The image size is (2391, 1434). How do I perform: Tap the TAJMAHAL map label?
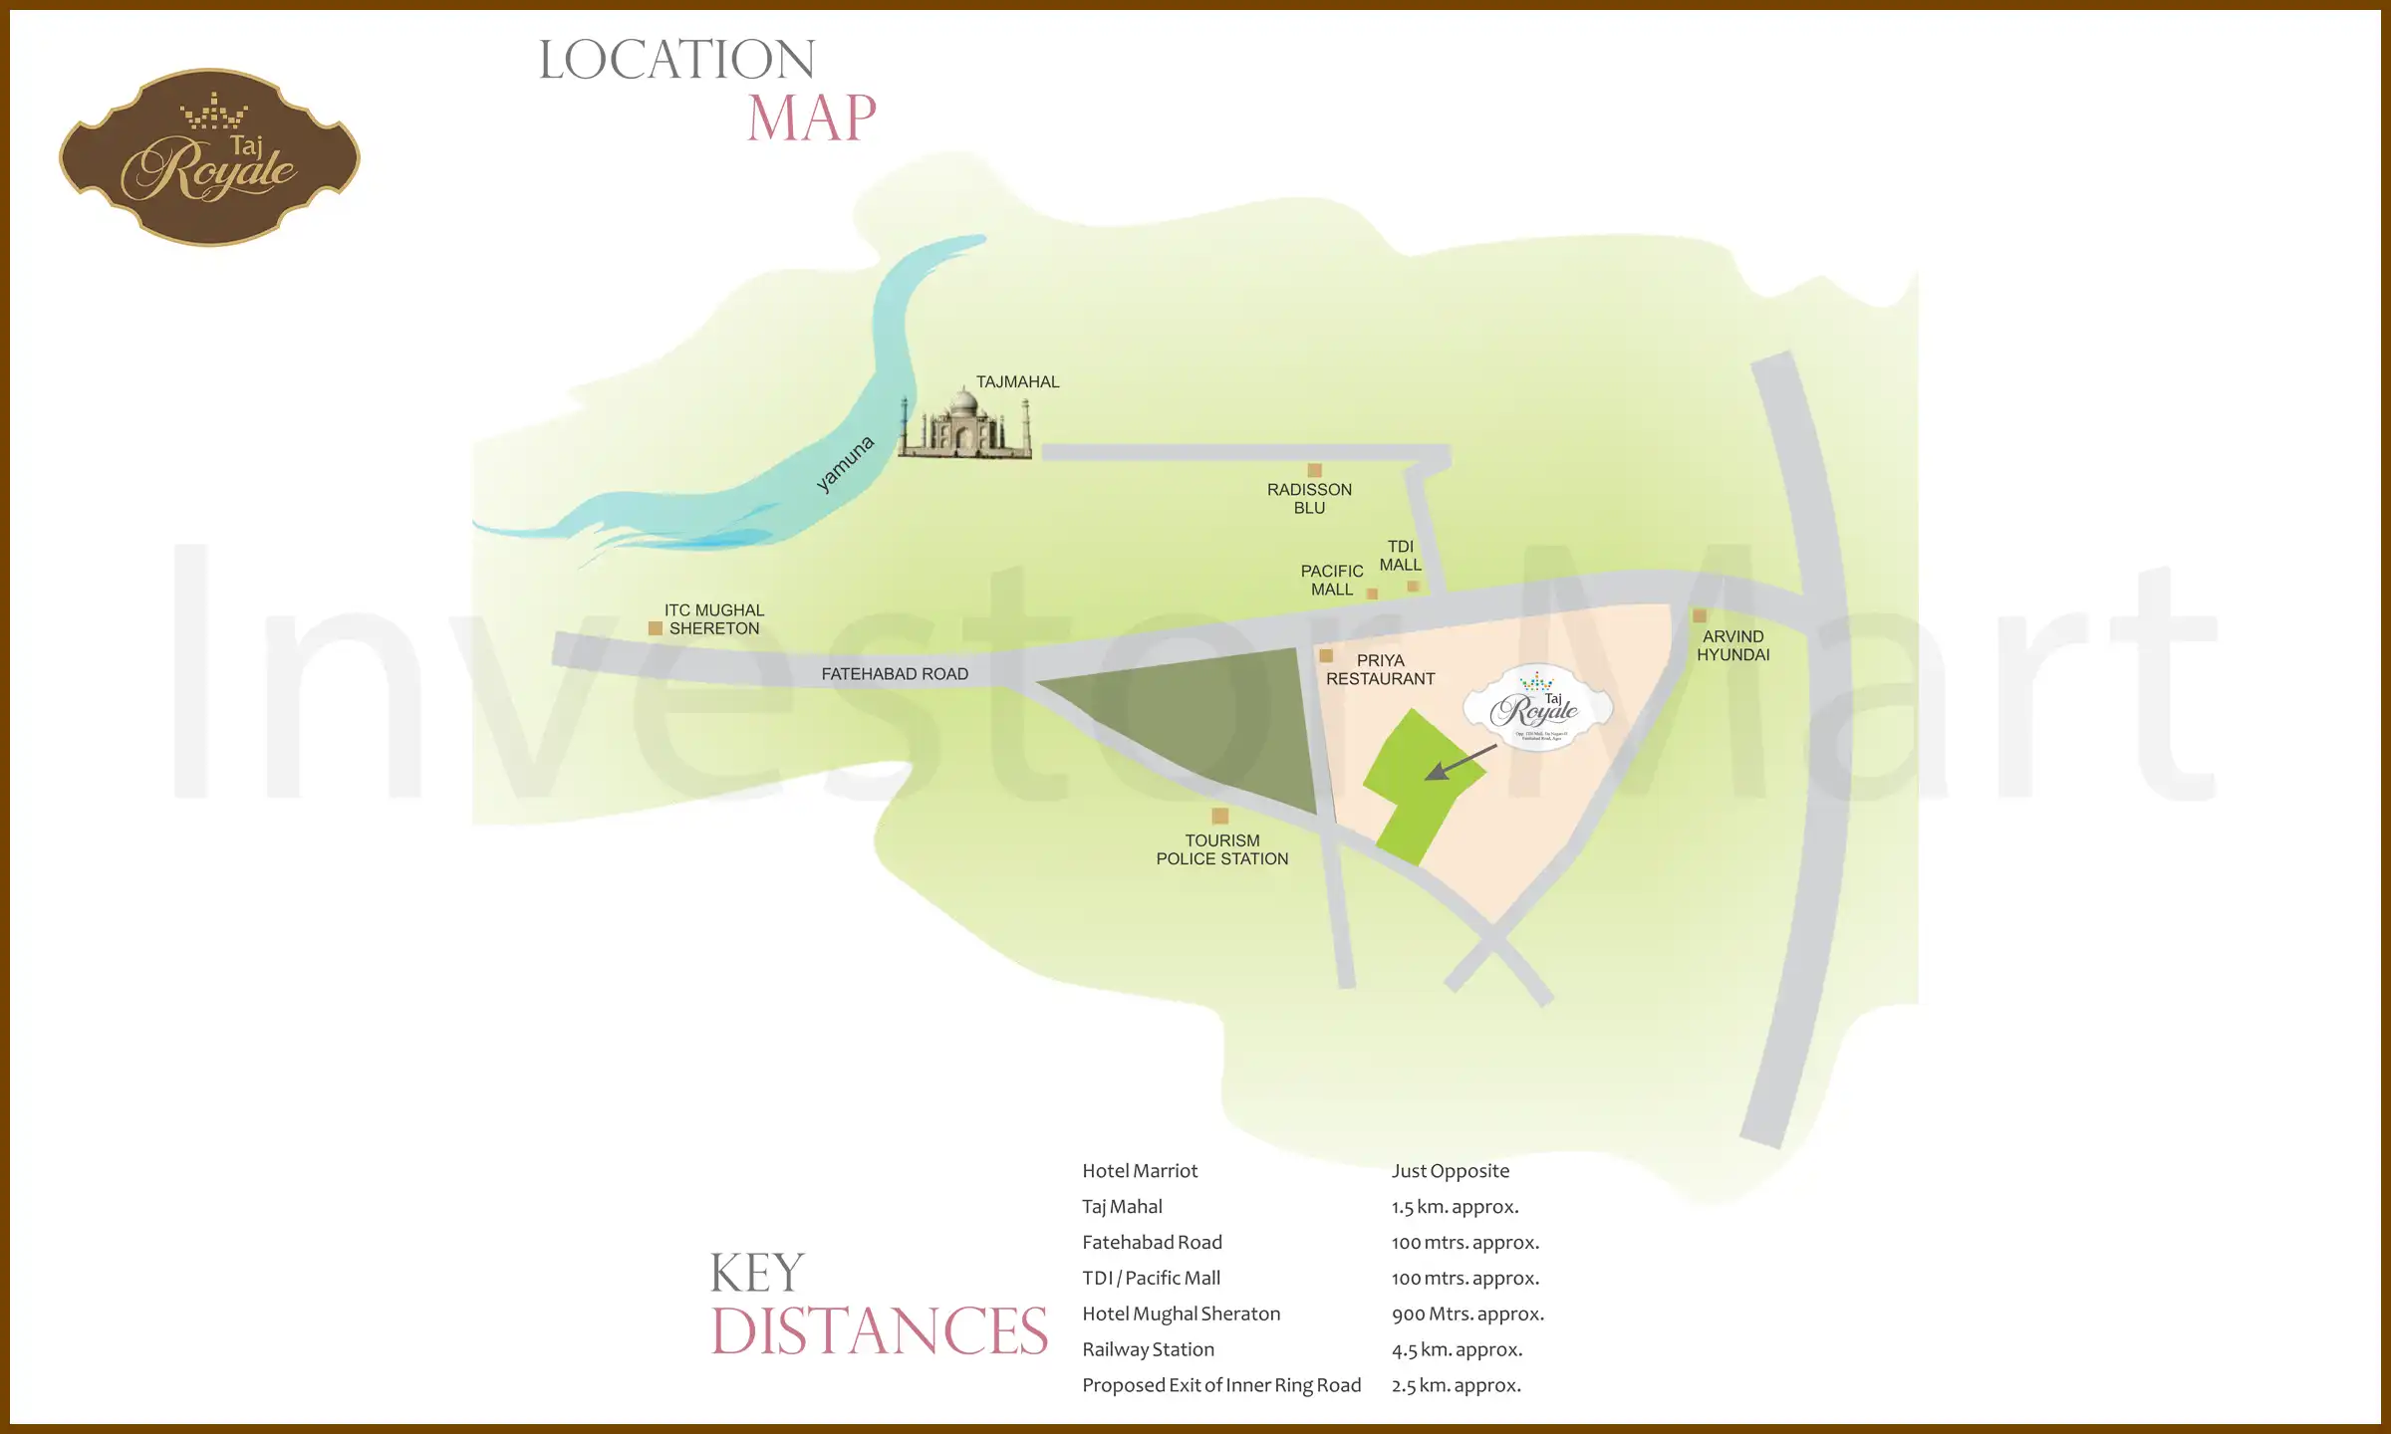[1017, 382]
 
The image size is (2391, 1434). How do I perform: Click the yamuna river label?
[845, 463]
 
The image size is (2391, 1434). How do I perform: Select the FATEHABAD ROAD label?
[894, 674]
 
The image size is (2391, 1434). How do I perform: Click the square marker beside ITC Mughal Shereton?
[656, 628]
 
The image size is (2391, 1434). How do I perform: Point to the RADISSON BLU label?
[1309, 499]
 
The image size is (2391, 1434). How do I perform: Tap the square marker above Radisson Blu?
[1314, 470]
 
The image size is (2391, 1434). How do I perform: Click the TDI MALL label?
[1400, 556]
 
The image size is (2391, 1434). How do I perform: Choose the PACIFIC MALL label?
[1331, 580]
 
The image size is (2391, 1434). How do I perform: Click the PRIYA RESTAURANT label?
[1380, 669]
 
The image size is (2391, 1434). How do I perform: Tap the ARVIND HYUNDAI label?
[1732, 645]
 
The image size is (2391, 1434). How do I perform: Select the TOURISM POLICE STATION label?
[1221, 849]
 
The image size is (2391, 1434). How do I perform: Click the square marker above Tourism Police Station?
[1219, 816]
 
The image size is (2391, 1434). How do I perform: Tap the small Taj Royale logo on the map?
[1537, 708]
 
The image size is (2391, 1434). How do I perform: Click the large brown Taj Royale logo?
[209, 157]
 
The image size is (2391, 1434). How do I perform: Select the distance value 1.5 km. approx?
[1455, 1207]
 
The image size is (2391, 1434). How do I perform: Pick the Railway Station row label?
[1148, 1349]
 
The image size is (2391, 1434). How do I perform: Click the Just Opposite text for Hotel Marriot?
[1450, 1171]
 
